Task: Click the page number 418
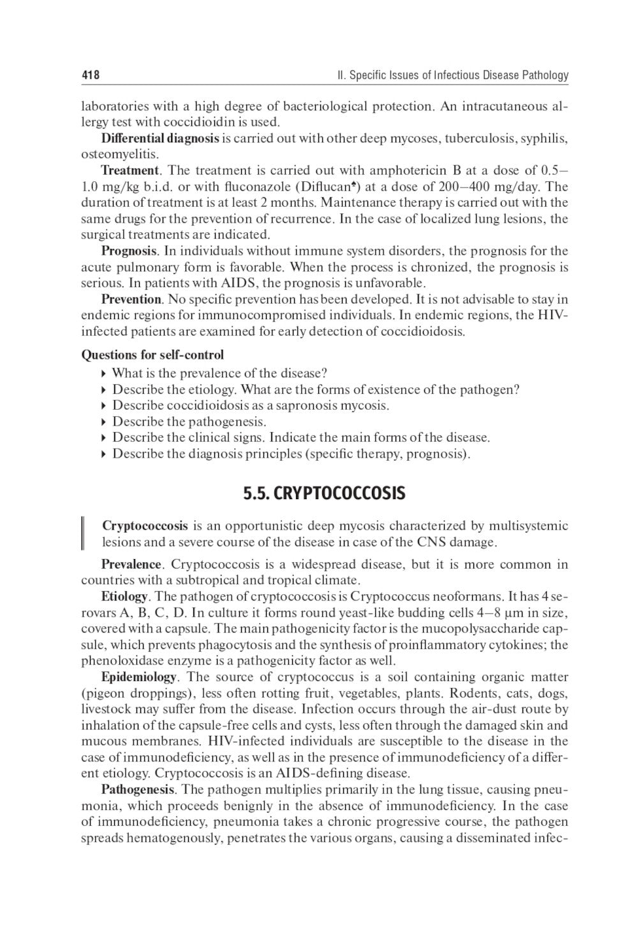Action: coord(90,75)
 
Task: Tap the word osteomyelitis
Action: coord(119,154)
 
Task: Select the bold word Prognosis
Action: coord(129,251)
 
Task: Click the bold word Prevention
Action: coord(131,299)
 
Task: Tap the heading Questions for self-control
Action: coord(152,354)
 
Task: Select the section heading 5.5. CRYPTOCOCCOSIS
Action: coord(323,493)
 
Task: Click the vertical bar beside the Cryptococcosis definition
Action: coord(83,534)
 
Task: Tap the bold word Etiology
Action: coord(124,597)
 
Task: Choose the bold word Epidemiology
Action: coord(138,677)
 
